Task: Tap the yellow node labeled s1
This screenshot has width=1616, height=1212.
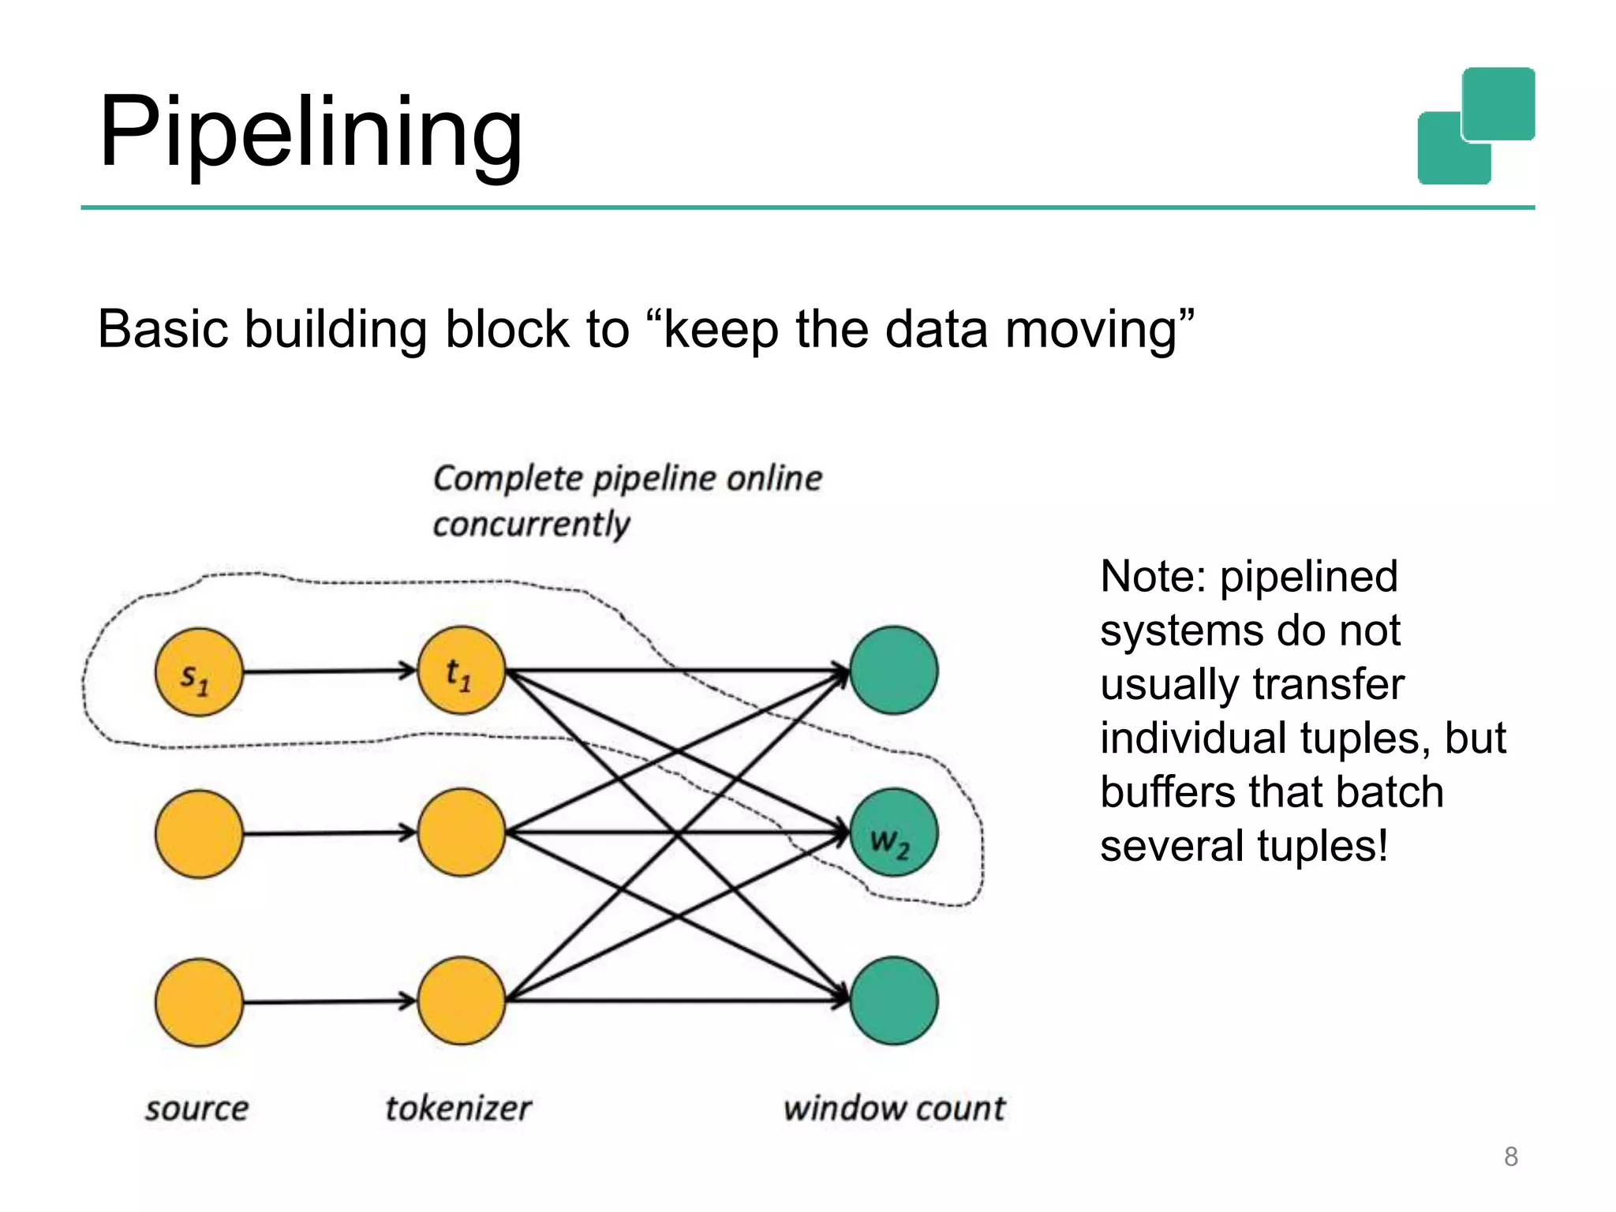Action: point(198,672)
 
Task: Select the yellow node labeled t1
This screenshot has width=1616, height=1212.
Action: point(461,671)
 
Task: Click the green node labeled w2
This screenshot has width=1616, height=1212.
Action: point(893,833)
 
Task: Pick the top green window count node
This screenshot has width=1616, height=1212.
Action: point(893,671)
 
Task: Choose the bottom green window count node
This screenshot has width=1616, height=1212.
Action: point(893,1001)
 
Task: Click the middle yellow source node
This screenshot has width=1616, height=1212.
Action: point(198,834)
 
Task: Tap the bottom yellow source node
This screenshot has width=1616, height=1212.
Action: point(198,1002)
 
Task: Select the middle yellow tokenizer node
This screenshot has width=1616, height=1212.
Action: point(461,833)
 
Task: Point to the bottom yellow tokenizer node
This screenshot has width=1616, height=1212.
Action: point(461,1001)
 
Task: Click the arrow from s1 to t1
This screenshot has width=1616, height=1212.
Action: point(327,671)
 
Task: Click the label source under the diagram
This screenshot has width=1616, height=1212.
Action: point(196,1109)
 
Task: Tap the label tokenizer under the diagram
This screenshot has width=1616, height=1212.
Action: point(458,1109)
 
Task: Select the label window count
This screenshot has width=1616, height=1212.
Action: point(894,1109)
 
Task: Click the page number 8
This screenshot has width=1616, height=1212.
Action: point(1510,1157)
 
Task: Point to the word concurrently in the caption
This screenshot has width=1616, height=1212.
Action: point(531,525)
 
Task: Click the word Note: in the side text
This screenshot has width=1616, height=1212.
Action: point(1153,576)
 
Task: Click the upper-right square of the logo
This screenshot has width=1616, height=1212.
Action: point(1498,103)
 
